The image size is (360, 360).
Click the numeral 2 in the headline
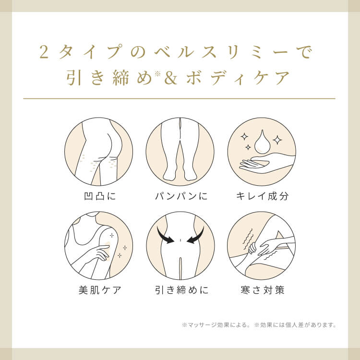click(44, 52)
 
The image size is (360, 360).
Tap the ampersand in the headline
click(171, 78)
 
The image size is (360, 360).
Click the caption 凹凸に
click(100, 196)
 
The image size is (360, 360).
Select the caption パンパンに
click(181, 196)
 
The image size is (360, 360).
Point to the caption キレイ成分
click(262, 196)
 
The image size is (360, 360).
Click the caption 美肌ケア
click(100, 290)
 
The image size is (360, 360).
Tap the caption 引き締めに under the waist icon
click(181, 290)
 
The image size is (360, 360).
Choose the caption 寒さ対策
click(263, 290)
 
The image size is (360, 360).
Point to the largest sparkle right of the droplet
click(277, 140)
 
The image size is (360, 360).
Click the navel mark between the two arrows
click(180, 240)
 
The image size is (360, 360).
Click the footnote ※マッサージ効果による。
click(216, 325)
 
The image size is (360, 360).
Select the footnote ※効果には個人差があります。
click(296, 325)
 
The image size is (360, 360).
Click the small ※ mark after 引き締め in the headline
click(157, 73)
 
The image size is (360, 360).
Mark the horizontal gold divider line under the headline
click(179, 99)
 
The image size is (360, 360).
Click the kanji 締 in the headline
click(121, 78)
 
